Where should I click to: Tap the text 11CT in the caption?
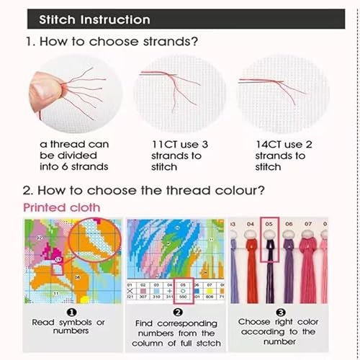(164, 144)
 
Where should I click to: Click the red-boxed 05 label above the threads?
(270, 224)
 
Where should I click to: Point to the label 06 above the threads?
(289, 224)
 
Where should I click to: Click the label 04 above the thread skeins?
(251, 224)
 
